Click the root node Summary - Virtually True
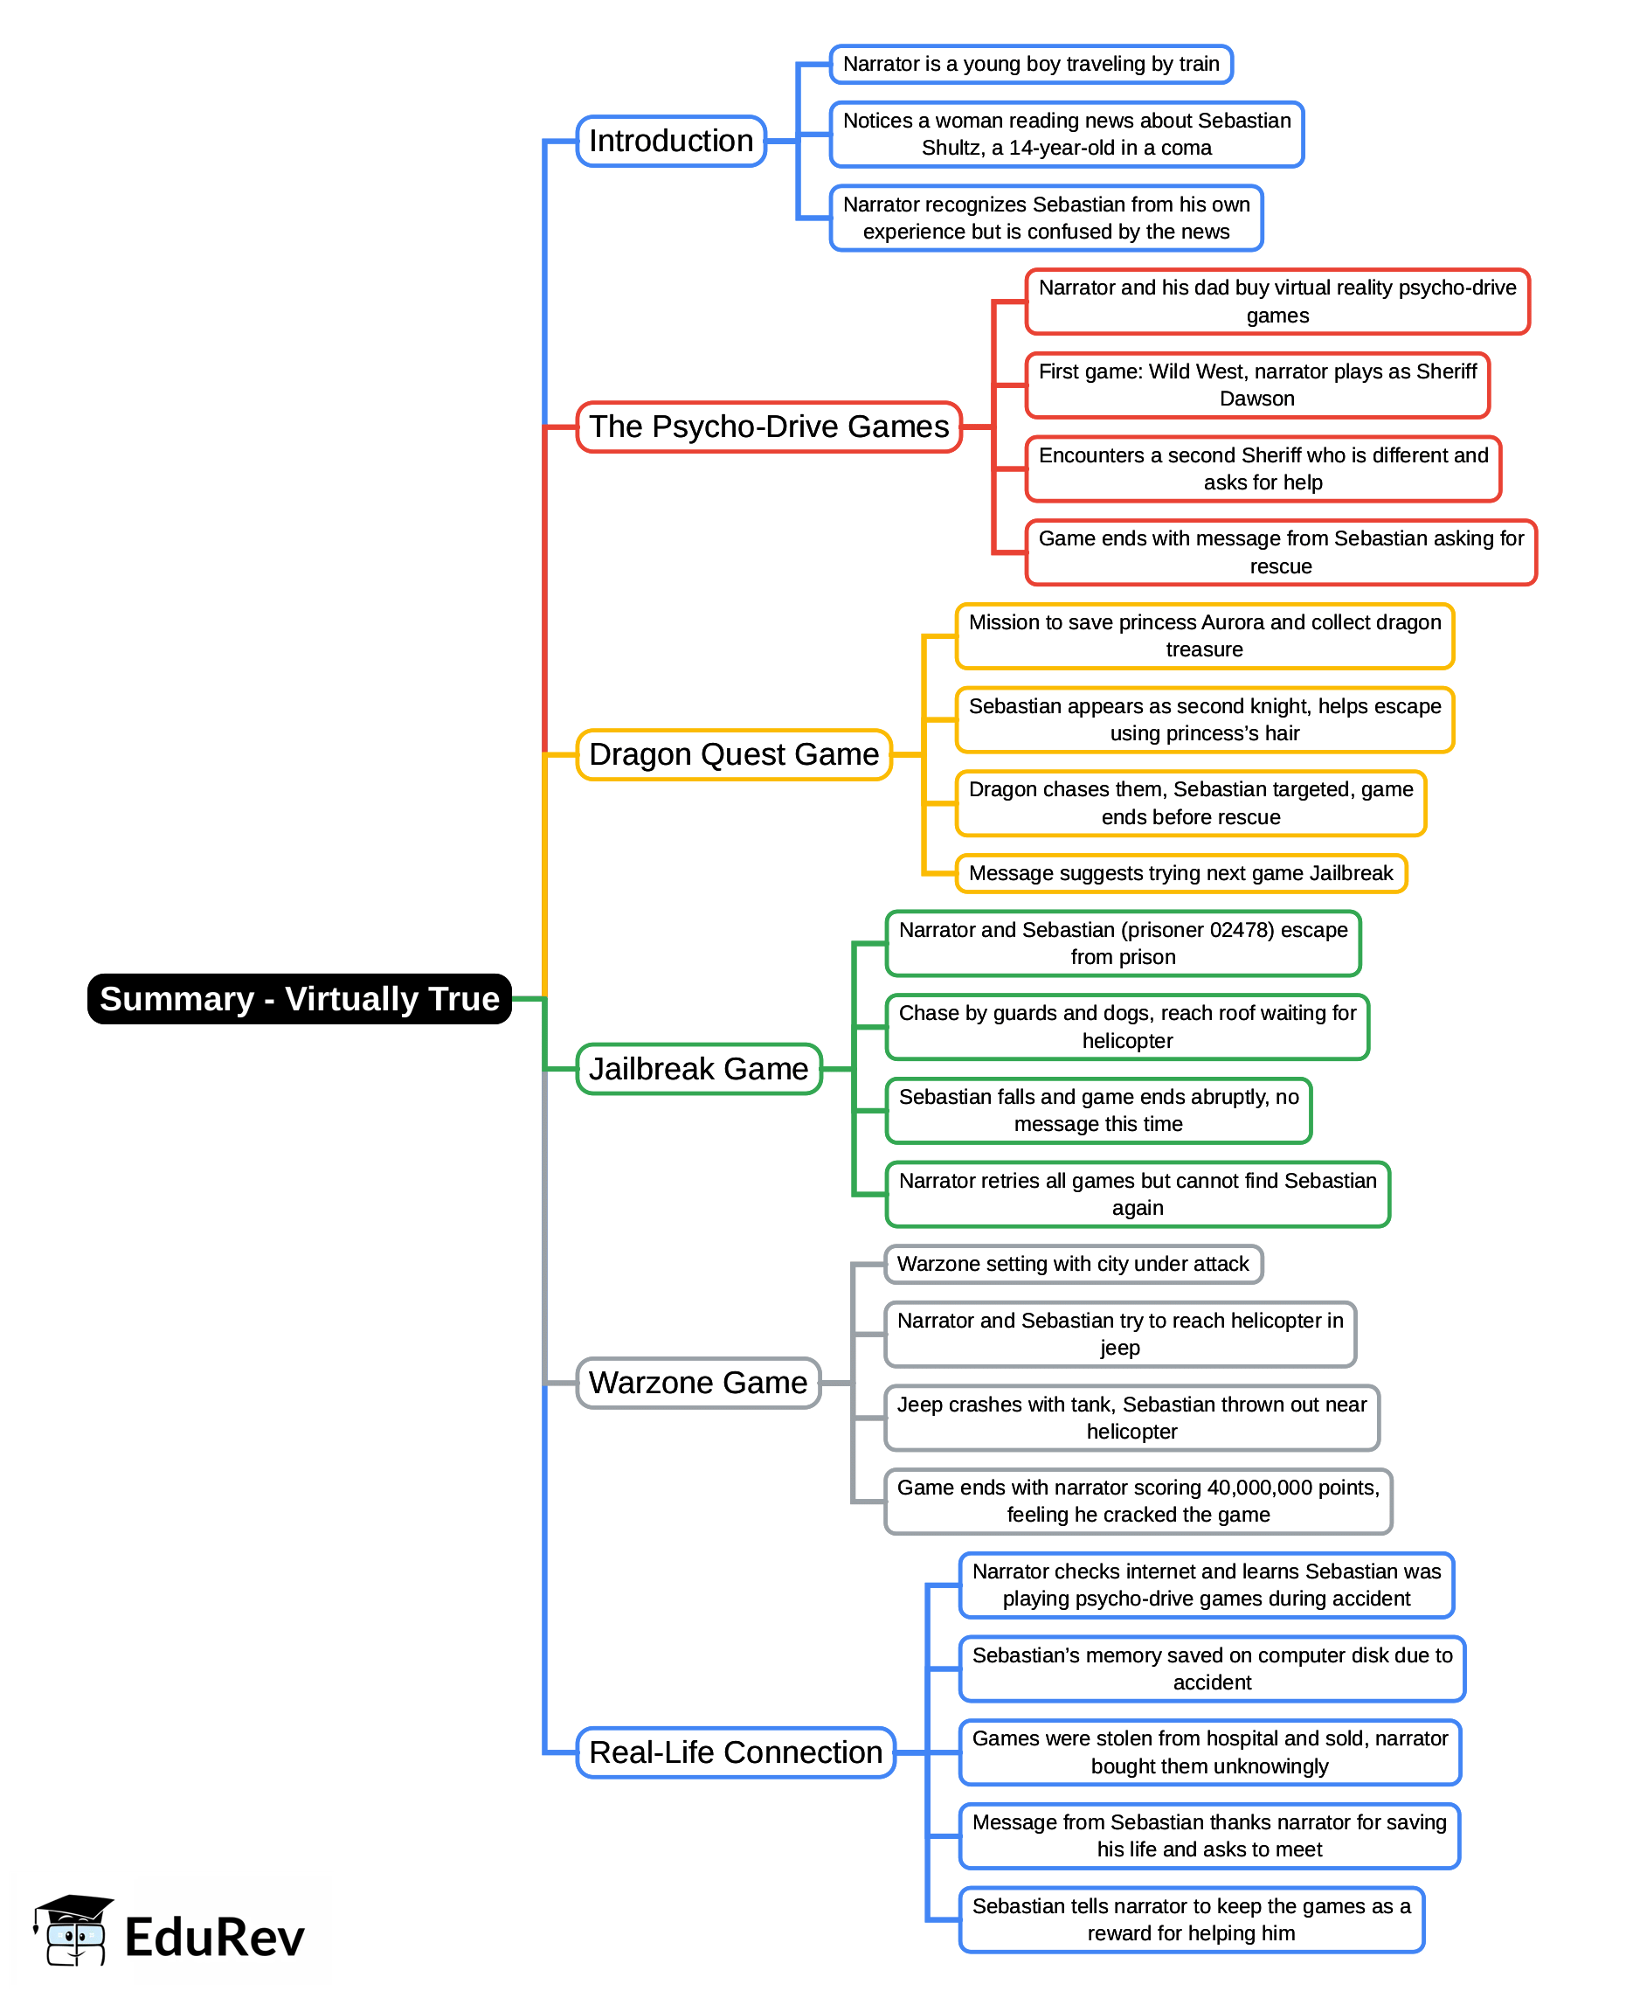299,998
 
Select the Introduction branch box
671,142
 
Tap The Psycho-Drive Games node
768,427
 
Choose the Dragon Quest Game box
733,754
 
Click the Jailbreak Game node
698,1069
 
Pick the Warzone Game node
698,1383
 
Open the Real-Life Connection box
736,1752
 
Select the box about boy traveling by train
1030,65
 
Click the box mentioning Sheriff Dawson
1257,385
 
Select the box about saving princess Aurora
1205,636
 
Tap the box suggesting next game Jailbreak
1180,873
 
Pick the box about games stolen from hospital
1209,1752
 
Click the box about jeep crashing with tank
1131,1418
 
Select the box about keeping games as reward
1191,1919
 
